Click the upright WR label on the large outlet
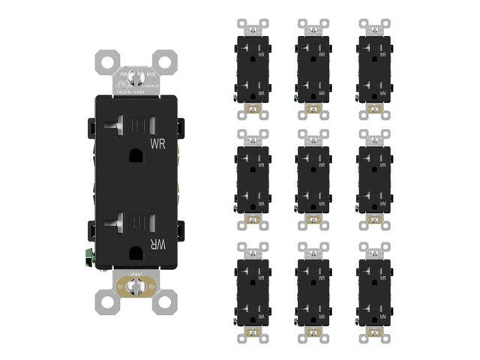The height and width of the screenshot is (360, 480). (x=158, y=142)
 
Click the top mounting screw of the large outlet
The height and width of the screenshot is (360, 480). (x=136, y=76)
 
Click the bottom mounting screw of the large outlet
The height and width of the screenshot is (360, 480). (x=136, y=286)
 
